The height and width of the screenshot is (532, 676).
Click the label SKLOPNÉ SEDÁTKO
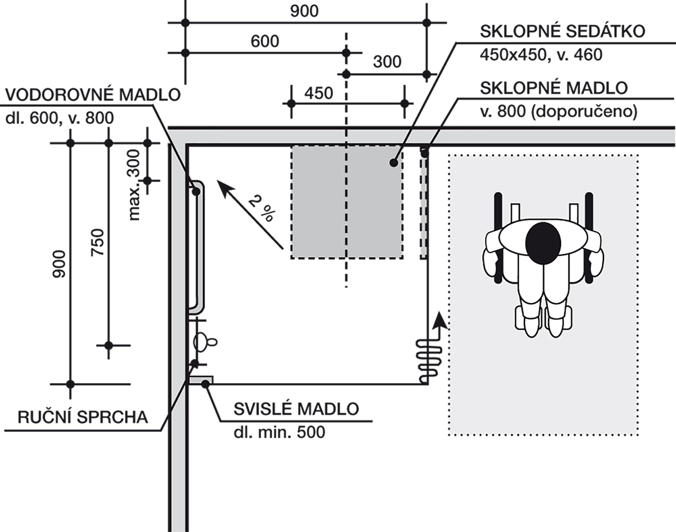(561, 31)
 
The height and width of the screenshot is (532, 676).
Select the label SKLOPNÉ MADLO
(553, 88)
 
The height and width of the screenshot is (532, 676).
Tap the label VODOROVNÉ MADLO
(91, 94)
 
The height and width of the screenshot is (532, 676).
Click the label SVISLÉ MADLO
(297, 409)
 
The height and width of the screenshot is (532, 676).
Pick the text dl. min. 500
(279, 432)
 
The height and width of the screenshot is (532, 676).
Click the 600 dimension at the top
(265, 41)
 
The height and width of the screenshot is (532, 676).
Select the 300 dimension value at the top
(387, 62)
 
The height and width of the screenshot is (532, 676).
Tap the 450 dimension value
(318, 92)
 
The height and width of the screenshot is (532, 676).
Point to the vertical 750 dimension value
(97, 242)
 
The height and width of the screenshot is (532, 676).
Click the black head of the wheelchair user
(542, 242)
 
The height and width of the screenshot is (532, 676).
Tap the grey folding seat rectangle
(346, 202)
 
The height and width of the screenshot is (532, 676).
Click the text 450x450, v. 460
(541, 55)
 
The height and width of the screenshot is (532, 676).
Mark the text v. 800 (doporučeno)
(558, 112)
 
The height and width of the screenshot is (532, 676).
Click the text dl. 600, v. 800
(59, 117)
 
